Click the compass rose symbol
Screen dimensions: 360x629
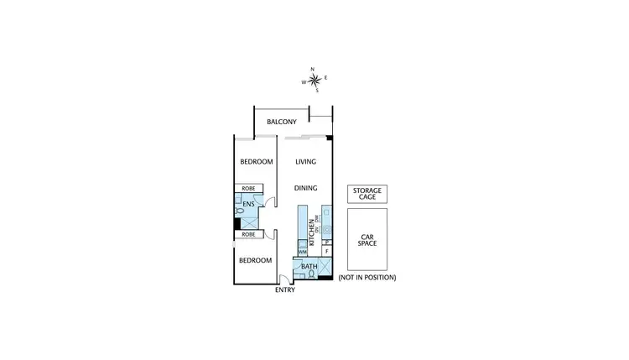314,81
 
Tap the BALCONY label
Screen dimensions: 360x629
283,123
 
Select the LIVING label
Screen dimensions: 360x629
305,162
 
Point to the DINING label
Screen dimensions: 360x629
305,189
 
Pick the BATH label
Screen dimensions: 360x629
309,267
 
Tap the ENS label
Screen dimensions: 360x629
248,204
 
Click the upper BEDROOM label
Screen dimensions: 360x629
257,162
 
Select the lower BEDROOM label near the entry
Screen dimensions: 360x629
255,260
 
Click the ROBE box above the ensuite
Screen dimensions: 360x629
249,189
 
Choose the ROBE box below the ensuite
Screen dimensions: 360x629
248,235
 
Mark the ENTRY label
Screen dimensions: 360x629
285,290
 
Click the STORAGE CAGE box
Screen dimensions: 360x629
366,194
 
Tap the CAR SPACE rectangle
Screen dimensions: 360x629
366,239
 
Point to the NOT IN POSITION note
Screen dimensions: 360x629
366,277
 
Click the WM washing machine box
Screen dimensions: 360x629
302,250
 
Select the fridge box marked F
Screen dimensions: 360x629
325,250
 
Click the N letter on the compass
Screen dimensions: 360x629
313,70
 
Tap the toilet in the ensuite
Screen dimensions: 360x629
240,222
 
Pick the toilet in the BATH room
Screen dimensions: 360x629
311,274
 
